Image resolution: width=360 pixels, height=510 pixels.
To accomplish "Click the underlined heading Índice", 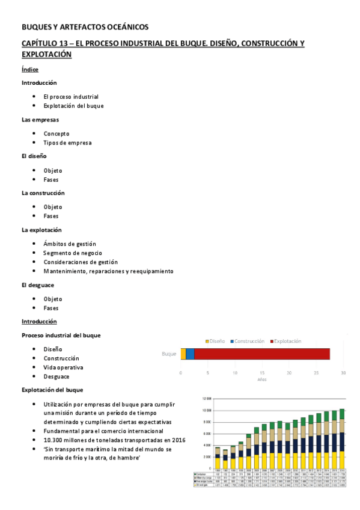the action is [x=30, y=70].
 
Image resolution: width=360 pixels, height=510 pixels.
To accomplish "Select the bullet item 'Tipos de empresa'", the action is [x=67, y=143].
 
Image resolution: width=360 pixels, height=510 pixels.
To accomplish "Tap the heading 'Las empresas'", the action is [x=40, y=120].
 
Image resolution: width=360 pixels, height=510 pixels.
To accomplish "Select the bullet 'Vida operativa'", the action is [x=63, y=367].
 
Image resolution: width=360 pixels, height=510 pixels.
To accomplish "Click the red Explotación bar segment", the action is [x=262, y=354].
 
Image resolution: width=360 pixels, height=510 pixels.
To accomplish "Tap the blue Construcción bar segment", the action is [x=190, y=354].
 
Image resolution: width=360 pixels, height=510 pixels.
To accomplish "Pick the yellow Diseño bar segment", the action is [x=183, y=354].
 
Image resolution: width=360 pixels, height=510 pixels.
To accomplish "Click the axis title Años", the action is [x=262, y=380].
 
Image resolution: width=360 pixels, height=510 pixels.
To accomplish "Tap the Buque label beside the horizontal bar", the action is [x=169, y=354].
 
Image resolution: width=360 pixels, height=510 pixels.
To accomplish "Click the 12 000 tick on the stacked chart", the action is [x=207, y=398].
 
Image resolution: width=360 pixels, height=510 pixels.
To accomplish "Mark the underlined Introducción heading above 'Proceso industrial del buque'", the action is [x=39, y=321].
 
